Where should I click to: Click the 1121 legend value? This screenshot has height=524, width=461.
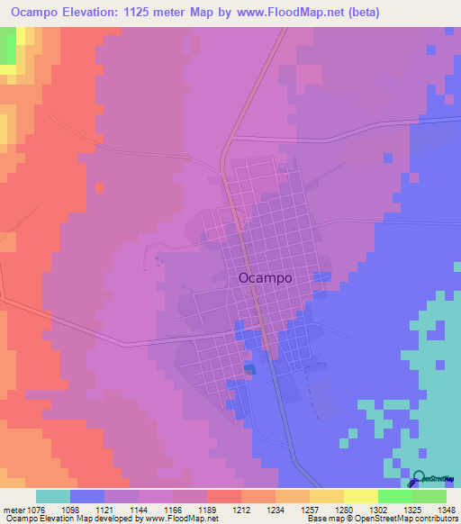pos(122,509)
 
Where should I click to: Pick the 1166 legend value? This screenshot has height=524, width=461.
pos(189,509)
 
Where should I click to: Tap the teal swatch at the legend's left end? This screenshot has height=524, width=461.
pos(53,496)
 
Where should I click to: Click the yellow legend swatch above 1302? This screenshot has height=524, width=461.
pos(361,496)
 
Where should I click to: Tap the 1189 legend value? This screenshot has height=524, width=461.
pos(224,509)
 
